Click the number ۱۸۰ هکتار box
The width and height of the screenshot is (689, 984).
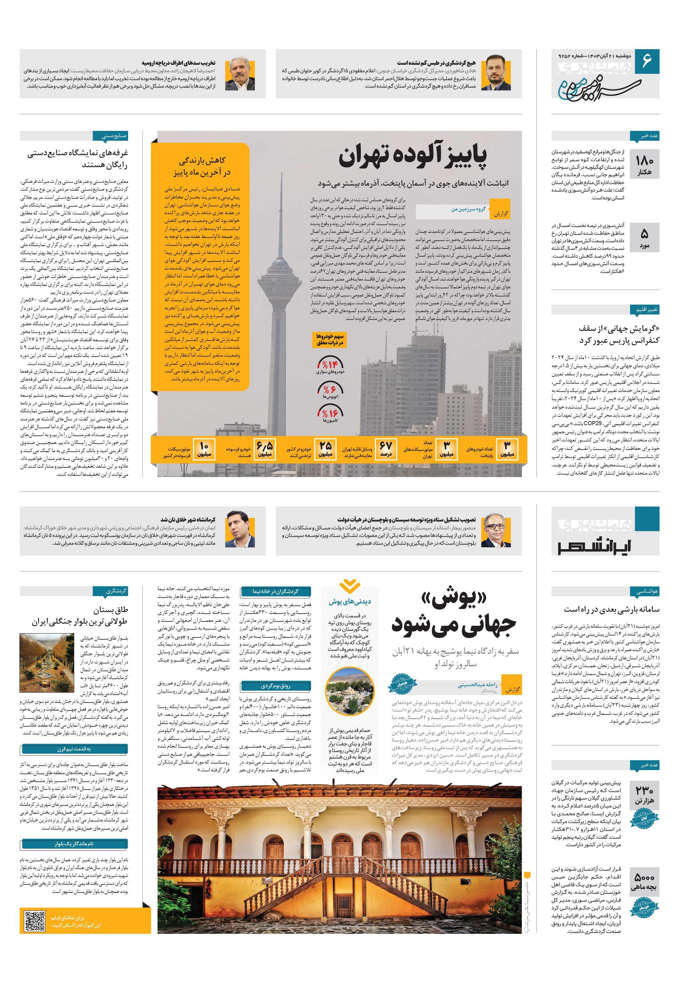click(x=644, y=165)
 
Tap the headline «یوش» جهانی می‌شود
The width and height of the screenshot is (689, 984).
click(x=453, y=614)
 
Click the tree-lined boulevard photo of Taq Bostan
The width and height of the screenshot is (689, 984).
click(x=47, y=663)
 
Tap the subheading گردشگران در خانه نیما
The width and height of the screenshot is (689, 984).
click(x=275, y=591)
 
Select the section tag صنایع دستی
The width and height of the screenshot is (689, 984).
click(x=111, y=136)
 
